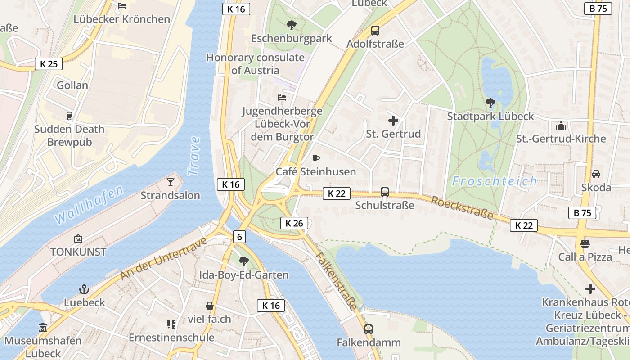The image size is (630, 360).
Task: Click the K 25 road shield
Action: coord(49,64)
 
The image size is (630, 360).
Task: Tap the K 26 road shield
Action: coord(295,223)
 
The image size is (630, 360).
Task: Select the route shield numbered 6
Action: coord(239,237)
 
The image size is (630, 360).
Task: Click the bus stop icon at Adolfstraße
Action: coord(375,31)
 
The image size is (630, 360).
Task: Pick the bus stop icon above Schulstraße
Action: coord(385,192)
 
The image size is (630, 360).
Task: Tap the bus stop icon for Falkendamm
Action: coord(369,329)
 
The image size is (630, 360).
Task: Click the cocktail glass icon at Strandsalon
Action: coord(171,182)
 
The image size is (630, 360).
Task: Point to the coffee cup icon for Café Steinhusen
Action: coord(316,158)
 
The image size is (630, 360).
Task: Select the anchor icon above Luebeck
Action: coord(84,289)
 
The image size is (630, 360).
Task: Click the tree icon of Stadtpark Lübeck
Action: coord(490,103)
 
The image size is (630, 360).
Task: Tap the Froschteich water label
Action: coord(494,181)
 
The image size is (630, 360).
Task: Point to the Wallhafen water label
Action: coord(89,205)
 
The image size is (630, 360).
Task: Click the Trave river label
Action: coord(194,156)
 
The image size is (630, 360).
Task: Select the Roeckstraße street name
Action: coord(462,208)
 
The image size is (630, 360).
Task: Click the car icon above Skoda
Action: coord(596,174)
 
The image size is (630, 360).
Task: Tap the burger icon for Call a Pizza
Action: coord(585,243)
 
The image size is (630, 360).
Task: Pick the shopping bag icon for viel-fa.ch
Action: coord(209,306)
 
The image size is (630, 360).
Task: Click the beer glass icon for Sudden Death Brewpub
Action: coord(69,116)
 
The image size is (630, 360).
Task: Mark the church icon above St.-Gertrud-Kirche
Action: coord(561,125)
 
